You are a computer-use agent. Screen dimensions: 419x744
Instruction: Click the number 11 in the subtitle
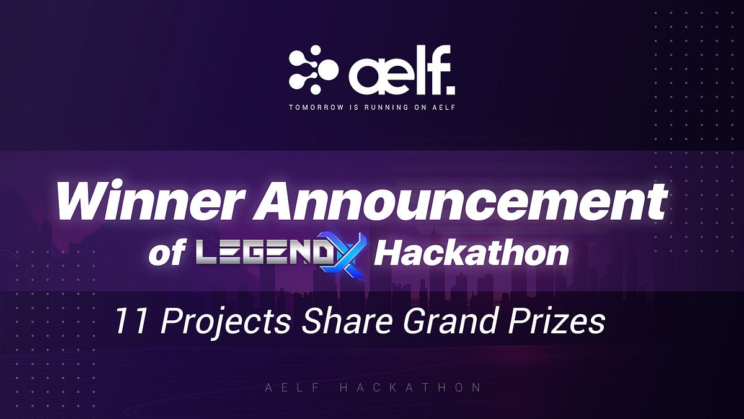(125, 322)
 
